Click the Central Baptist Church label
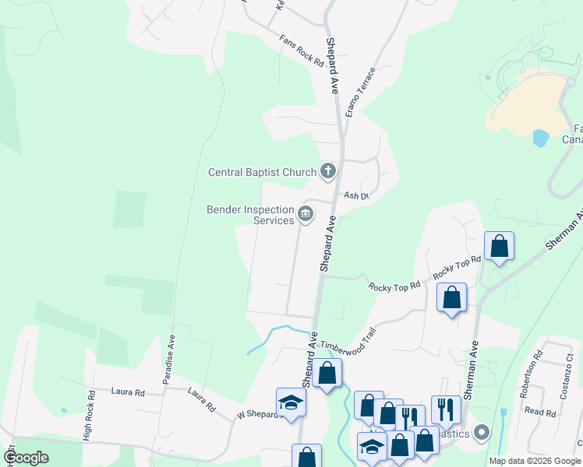261,172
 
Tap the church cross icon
328,171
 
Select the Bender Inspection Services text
249,215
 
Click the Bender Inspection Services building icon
306,213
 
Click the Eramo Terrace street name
361,92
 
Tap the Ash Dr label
355,196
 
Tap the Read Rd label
539,411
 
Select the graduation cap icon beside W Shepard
291,402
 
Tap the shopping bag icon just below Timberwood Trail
328,373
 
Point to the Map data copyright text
535,461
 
